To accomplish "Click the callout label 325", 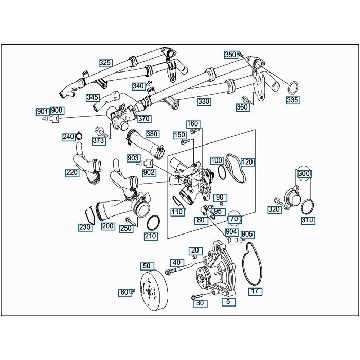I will (x=105, y=63).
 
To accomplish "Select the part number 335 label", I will (x=293, y=100).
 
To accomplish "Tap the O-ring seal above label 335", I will (x=292, y=85).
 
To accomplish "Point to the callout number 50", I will (x=147, y=266).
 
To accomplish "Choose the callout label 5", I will (x=227, y=302).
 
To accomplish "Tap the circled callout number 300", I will (x=304, y=174).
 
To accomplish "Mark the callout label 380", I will (x=151, y=134).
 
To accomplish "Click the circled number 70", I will (x=234, y=219).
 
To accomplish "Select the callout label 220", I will (x=72, y=173).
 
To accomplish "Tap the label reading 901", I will (x=42, y=111).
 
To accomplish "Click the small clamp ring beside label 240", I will (x=79, y=136).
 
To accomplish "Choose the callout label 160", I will (x=192, y=124).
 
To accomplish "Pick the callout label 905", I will (x=247, y=235).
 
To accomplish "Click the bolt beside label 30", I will (x=197, y=297).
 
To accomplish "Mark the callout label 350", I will (x=231, y=55).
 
